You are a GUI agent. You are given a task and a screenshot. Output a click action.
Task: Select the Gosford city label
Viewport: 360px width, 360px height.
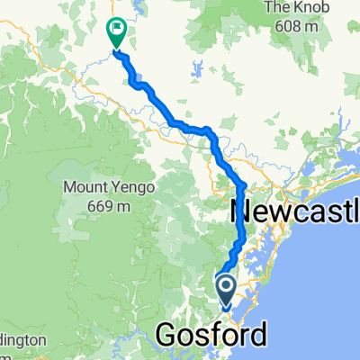pos(211,335)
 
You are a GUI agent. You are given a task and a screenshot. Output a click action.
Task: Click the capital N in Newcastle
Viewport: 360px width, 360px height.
pos(245,212)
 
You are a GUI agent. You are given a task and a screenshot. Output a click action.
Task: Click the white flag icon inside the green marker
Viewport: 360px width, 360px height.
pos(117,30)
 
